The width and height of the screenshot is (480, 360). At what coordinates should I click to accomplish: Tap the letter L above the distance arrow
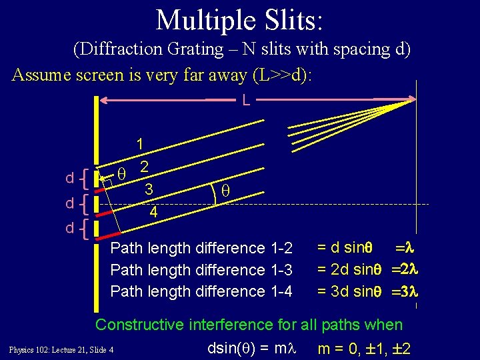(246, 101)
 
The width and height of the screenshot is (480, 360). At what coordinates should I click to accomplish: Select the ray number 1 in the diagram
(140, 143)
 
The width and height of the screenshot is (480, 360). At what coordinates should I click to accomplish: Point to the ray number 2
(143, 166)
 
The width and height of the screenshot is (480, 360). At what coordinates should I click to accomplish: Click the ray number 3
(150, 189)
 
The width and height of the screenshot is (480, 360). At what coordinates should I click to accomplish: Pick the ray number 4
(153, 213)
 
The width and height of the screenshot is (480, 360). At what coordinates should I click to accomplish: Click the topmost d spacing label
(69, 178)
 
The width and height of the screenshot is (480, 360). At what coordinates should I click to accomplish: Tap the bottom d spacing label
(69, 229)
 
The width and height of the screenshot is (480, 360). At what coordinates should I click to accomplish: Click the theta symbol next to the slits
(121, 173)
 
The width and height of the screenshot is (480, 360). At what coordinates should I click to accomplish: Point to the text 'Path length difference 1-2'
(201, 249)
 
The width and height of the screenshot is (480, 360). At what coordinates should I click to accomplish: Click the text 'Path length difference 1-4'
(201, 291)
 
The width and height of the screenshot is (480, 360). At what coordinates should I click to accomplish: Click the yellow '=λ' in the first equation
(406, 248)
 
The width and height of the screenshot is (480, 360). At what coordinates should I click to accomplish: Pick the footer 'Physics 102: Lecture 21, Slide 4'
(61, 350)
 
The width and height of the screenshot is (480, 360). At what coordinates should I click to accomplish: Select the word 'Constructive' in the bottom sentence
(139, 325)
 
